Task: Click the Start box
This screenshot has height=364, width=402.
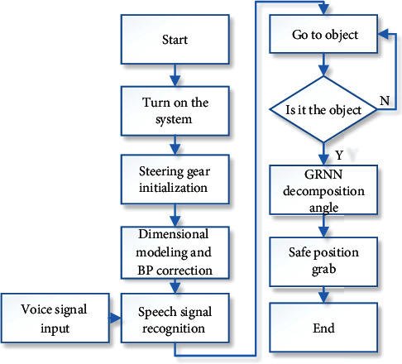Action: point(175,40)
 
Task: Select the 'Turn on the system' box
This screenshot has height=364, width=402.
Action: point(175,111)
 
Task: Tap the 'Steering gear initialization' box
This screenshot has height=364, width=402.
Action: point(175,180)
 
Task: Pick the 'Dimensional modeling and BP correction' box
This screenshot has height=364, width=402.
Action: point(175,252)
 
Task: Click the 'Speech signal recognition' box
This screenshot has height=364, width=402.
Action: point(175,318)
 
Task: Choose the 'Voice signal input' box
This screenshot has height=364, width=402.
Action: point(55,318)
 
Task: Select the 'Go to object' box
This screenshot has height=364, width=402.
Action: point(323,34)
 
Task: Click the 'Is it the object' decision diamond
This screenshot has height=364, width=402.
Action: point(323,109)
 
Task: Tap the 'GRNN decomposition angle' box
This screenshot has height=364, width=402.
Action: point(323,189)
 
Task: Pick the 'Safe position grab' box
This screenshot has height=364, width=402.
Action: point(323,261)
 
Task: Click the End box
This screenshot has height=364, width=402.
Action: point(323,328)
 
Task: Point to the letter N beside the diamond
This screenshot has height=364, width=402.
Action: point(385,101)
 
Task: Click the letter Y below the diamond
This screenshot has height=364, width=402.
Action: point(339,156)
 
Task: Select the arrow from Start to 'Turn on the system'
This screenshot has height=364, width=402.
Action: point(175,75)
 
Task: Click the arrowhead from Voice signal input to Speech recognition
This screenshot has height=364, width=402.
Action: point(115,318)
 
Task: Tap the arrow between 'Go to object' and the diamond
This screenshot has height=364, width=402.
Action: point(323,65)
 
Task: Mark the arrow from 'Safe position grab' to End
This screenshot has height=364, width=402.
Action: point(323,295)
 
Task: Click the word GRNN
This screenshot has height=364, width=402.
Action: point(323,175)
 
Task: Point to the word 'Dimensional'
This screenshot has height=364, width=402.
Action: point(174,234)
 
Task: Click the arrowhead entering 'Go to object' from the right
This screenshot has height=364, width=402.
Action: point(383,34)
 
